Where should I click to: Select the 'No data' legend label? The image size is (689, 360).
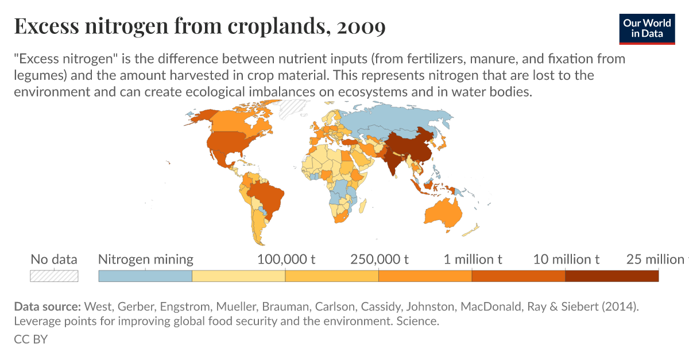(54, 260)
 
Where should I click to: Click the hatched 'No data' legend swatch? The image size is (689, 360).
(54, 276)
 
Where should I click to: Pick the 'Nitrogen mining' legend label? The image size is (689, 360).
(146, 260)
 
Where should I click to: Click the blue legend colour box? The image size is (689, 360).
(145, 276)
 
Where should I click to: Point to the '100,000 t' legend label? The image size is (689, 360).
(286, 260)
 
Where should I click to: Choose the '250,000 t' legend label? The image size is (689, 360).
(379, 260)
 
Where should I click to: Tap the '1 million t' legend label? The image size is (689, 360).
(473, 260)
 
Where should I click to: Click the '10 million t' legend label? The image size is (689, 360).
(566, 260)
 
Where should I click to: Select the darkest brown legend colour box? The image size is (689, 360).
(611, 276)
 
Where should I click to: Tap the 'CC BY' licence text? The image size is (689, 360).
(30, 339)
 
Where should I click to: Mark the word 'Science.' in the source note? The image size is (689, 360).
(417, 322)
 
